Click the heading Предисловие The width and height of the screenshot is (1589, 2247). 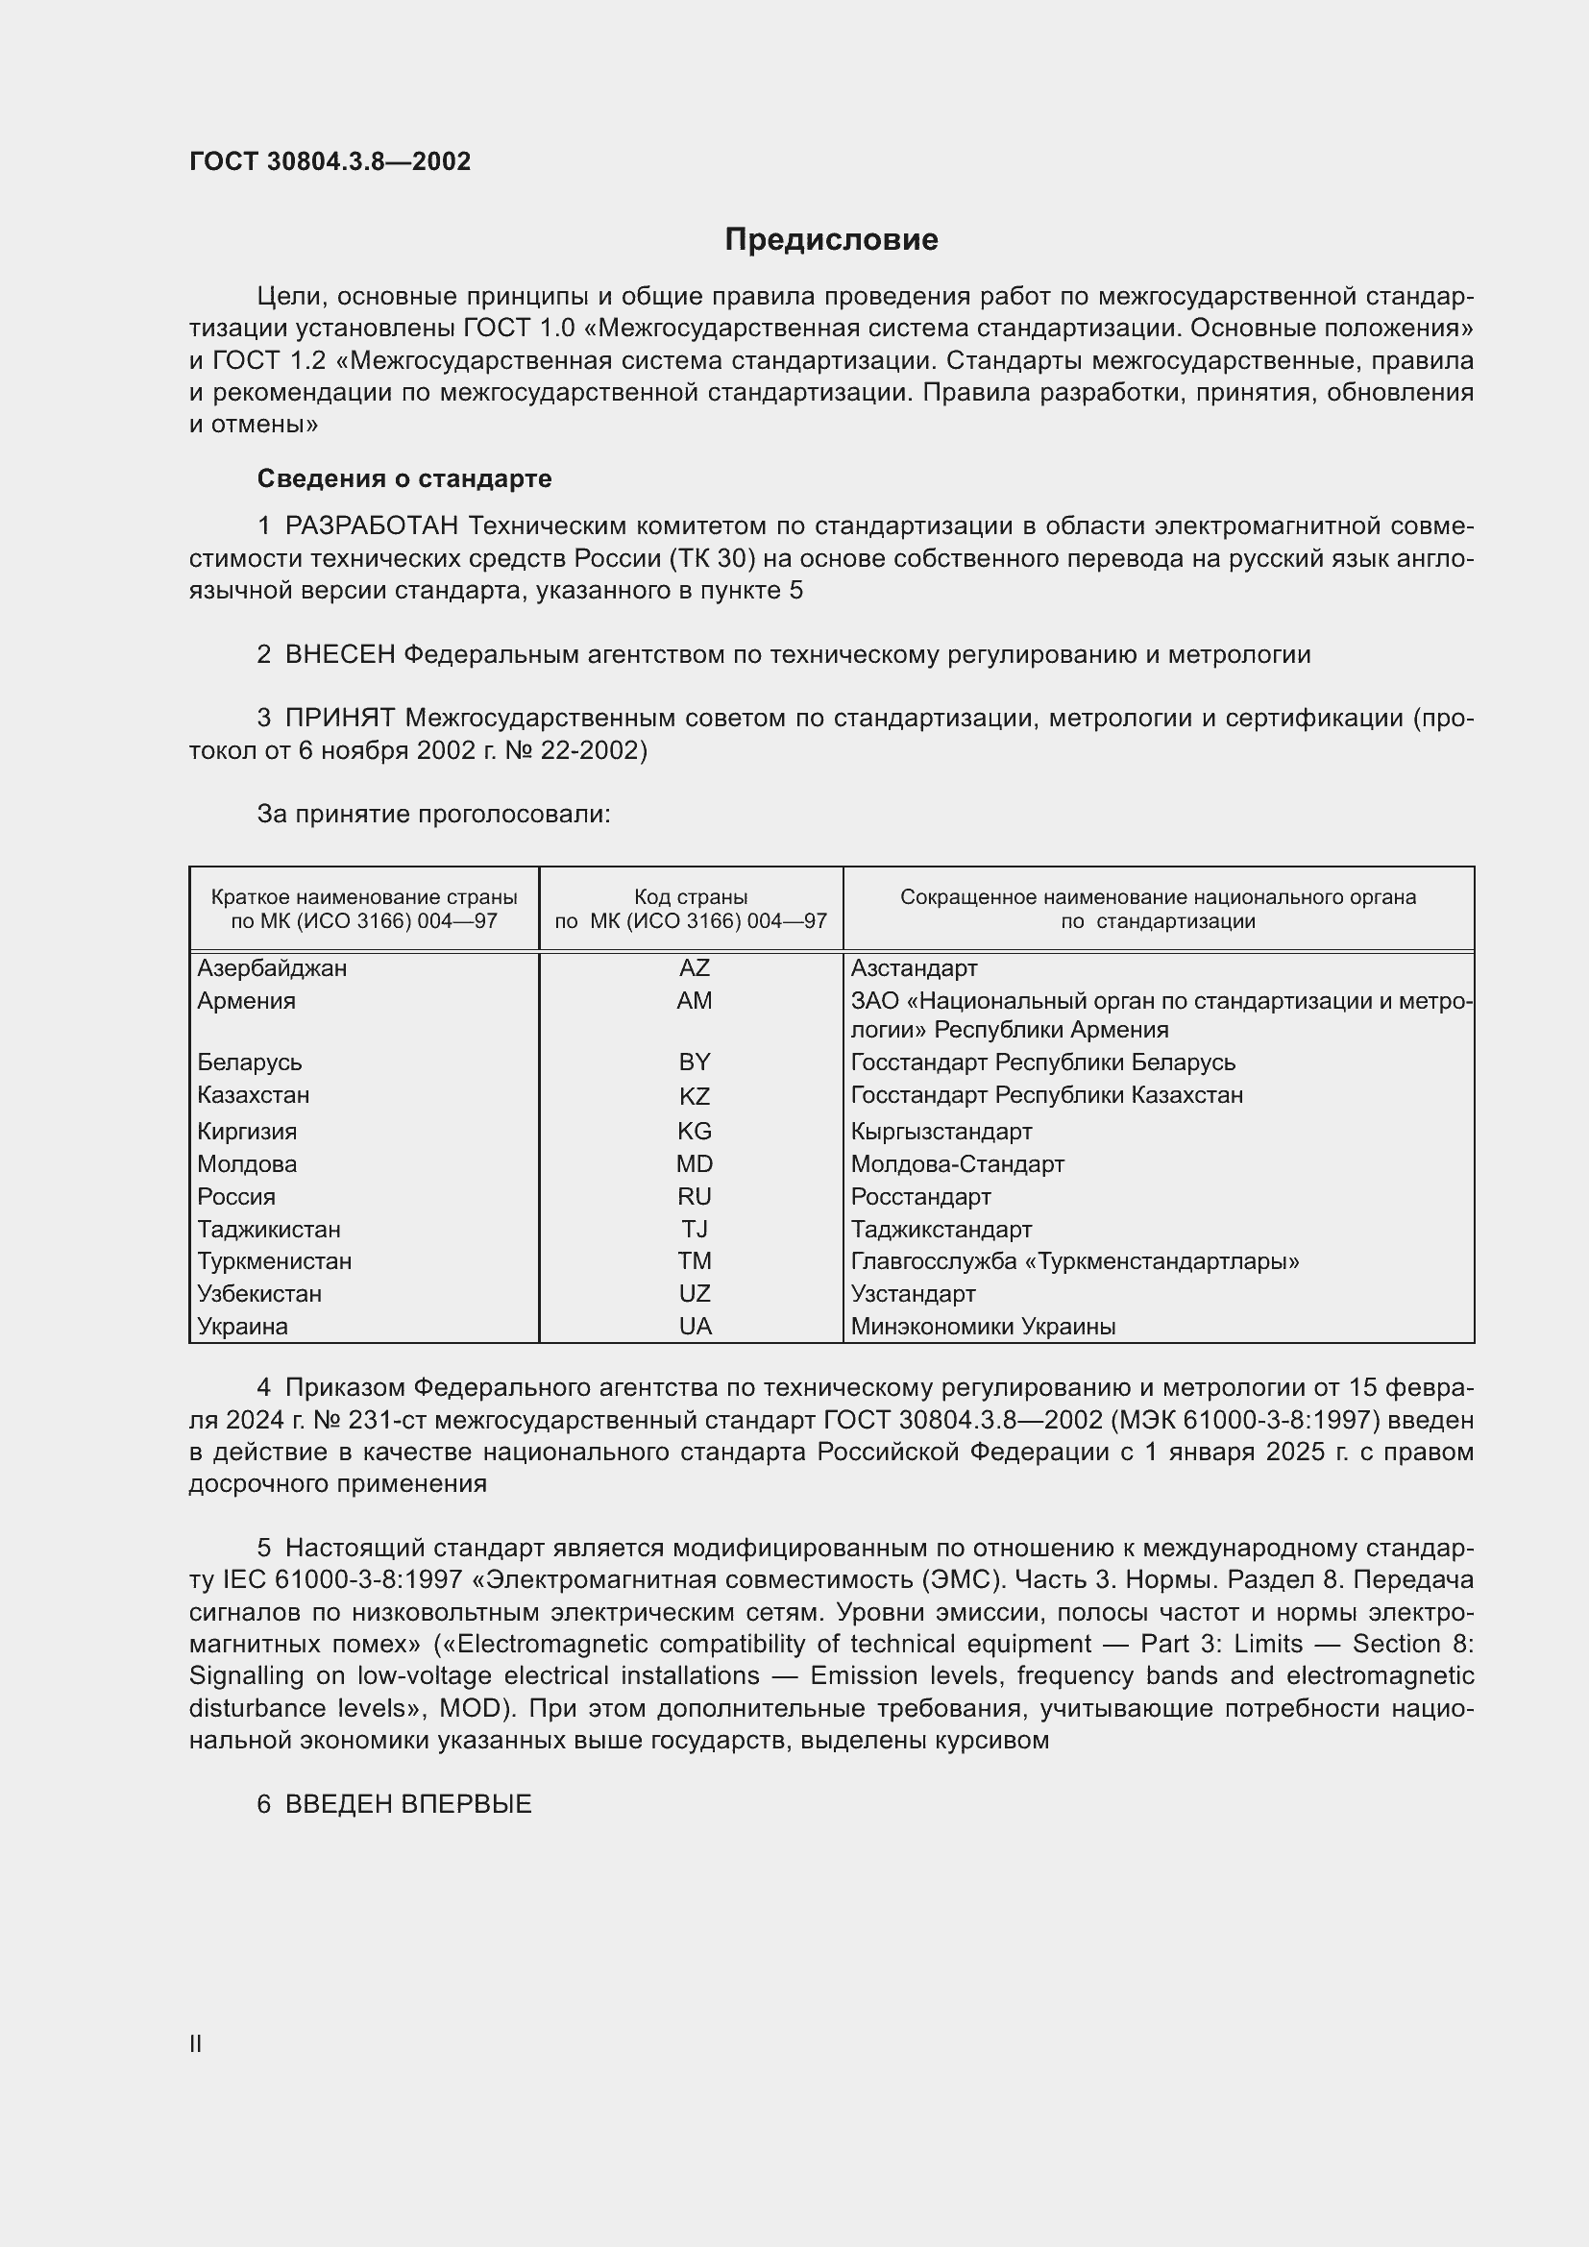point(831,240)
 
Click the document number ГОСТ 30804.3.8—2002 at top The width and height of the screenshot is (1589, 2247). point(330,161)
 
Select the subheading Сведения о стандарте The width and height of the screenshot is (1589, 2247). point(404,478)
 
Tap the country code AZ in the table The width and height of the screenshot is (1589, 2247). point(694,968)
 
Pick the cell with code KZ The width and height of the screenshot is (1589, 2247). point(694,1096)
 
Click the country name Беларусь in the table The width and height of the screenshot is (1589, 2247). point(250,1062)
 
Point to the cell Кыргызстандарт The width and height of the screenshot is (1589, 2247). point(941,1132)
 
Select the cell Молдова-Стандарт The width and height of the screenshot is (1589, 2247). point(957,1163)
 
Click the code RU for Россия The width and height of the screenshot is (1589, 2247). point(694,1196)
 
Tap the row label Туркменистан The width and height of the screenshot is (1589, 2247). point(274,1260)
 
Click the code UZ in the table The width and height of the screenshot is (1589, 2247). point(694,1293)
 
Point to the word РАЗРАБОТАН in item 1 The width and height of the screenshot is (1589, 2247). point(372,526)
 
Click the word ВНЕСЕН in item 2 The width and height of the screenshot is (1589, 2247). point(339,655)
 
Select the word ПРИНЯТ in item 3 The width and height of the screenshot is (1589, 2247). point(339,719)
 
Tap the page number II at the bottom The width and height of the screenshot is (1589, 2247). point(196,2043)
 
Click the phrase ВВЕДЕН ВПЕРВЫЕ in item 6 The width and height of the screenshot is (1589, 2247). point(408,1804)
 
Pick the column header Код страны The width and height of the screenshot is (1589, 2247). point(691,896)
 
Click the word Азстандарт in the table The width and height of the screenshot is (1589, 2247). point(914,968)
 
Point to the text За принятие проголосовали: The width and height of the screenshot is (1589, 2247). point(433,814)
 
